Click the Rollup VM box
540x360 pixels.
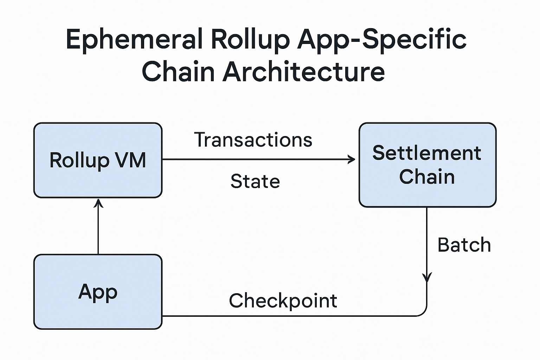click(98, 160)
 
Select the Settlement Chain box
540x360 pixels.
click(427, 165)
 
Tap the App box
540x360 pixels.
click(98, 291)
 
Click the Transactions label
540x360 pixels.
click(253, 140)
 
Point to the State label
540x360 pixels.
click(255, 181)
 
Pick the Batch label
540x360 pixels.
click(464, 245)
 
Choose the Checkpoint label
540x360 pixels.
click(283, 301)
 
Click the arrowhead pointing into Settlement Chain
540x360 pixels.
click(352, 160)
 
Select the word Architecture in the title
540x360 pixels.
click(304, 72)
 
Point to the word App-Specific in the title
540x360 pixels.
click(382, 39)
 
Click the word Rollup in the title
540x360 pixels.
click(250, 39)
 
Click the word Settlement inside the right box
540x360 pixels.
click(427, 153)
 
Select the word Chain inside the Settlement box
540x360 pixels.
click(427, 176)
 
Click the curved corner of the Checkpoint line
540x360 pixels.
click(423, 313)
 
